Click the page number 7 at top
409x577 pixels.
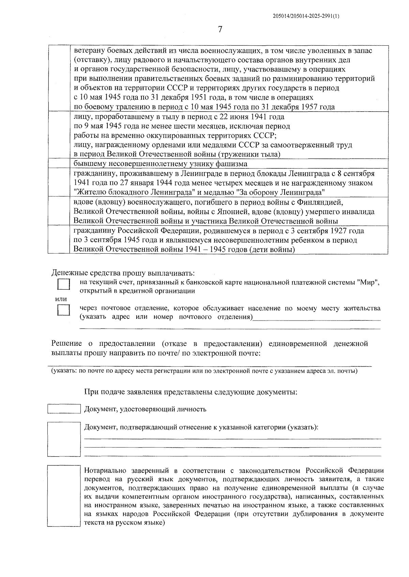pos(220,30)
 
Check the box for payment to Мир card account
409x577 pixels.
pos(63,284)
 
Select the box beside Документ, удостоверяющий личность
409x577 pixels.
pos(64,409)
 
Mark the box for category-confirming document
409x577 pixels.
pos(64,439)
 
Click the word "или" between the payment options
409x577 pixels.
pos(61,299)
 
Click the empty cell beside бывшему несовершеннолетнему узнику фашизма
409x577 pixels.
pos(59,164)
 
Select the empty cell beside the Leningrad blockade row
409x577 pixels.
pos(59,182)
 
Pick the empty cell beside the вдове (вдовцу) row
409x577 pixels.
pos(59,211)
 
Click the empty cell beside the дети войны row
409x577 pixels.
pos(59,240)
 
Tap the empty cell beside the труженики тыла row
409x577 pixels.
pos(59,135)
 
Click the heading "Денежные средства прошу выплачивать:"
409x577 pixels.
pos(123,273)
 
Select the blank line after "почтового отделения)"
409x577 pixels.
pos(317,318)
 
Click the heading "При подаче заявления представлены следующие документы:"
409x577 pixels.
pos(191,392)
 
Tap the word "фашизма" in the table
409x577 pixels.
pos(230,164)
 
